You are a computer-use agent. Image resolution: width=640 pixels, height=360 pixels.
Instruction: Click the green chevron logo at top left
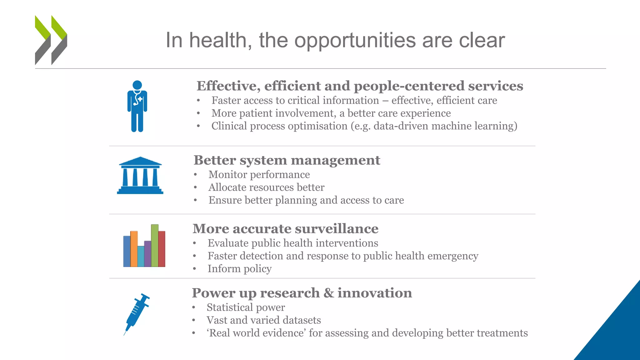point(51,40)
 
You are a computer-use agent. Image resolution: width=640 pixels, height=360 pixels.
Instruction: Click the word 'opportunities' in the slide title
point(355,41)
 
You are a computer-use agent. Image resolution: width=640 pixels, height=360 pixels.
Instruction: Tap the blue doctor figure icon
point(137,106)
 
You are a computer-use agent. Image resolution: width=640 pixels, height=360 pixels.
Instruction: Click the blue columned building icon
point(140,176)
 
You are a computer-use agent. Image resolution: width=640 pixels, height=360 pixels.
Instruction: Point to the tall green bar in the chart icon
point(155,245)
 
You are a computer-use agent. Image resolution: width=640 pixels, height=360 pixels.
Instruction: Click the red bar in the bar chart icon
point(162,249)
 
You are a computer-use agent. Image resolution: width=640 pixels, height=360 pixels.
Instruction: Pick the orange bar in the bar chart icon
point(134,249)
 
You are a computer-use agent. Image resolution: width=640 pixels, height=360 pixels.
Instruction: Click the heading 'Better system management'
point(287,160)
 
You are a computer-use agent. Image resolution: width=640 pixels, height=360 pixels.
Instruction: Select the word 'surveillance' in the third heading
point(337,229)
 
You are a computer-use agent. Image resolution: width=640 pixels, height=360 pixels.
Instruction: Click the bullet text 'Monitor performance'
point(259,174)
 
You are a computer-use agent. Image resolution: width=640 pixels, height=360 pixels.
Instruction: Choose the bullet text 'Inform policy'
point(239,269)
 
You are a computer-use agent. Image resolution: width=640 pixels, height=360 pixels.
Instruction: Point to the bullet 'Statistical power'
point(246,307)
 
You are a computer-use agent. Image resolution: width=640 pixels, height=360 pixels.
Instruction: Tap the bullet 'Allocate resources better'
point(266,187)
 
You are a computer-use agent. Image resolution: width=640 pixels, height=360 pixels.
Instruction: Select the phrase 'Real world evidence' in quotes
point(257,333)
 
